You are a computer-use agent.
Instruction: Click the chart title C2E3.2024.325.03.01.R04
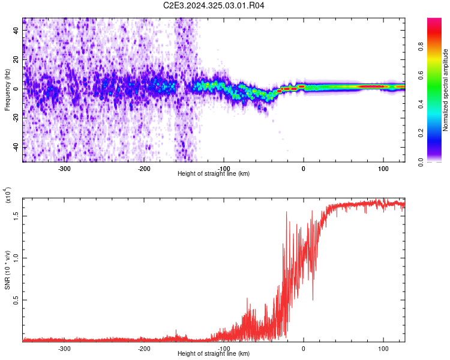[x=214, y=5]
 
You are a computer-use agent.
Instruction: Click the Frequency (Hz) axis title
[x=7, y=89]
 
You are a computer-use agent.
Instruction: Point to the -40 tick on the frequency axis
[x=15, y=147]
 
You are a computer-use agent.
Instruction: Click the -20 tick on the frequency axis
[x=15, y=118]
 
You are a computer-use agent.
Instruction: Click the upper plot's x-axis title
[x=214, y=173]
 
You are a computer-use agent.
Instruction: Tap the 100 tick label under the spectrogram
[x=383, y=169]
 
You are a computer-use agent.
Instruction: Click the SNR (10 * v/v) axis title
[x=8, y=268]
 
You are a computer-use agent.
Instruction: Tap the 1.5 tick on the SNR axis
[x=16, y=214]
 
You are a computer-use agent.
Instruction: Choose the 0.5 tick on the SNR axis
[x=16, y=300]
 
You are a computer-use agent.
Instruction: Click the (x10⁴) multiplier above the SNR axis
[x=8, y=196]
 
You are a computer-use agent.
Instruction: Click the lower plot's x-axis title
[x=214, y=353]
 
